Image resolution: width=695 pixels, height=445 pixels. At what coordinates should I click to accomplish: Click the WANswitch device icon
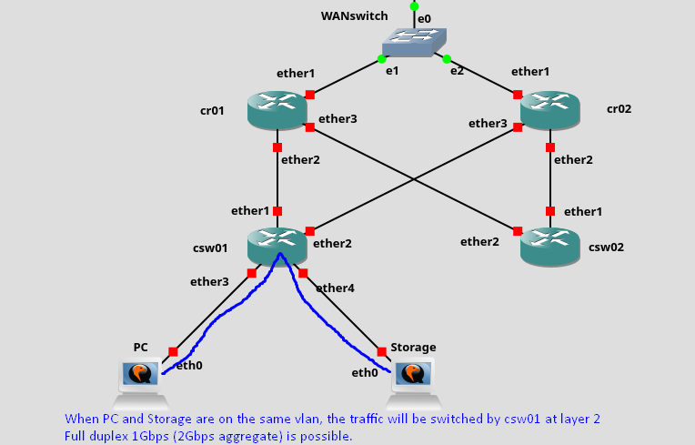tap(414, 41)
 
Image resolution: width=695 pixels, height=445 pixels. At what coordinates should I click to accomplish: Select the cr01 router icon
tap(277, 109)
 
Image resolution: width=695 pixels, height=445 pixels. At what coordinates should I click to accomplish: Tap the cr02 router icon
tap(549, 109)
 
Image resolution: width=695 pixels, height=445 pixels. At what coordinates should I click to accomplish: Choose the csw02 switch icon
tap(549, 247)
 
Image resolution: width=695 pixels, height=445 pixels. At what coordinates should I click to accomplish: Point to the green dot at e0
tap(414, 6)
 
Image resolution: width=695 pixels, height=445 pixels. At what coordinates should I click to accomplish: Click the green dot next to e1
tap(382, 59)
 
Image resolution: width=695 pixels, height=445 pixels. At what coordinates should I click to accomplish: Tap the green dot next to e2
tap(447, 59)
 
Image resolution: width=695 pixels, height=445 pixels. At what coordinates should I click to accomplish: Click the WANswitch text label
tap(354, 16)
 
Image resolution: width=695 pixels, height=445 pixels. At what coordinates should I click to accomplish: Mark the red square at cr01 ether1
tap(309, 94)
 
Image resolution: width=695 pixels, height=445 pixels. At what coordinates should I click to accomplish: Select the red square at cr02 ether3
tap(518, 127)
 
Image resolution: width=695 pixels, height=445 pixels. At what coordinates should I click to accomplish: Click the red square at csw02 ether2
tap(518, 231)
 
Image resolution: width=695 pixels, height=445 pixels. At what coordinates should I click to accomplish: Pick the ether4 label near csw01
tap(334, 288)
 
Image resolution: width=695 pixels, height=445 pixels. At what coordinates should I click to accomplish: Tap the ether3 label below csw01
tap(209, 282)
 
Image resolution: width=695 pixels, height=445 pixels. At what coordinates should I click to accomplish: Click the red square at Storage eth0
tap(381, 351)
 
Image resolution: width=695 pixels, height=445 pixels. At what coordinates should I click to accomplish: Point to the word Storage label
tap(413, 348)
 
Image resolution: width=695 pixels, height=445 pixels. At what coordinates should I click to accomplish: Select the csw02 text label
tap(606, 247)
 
